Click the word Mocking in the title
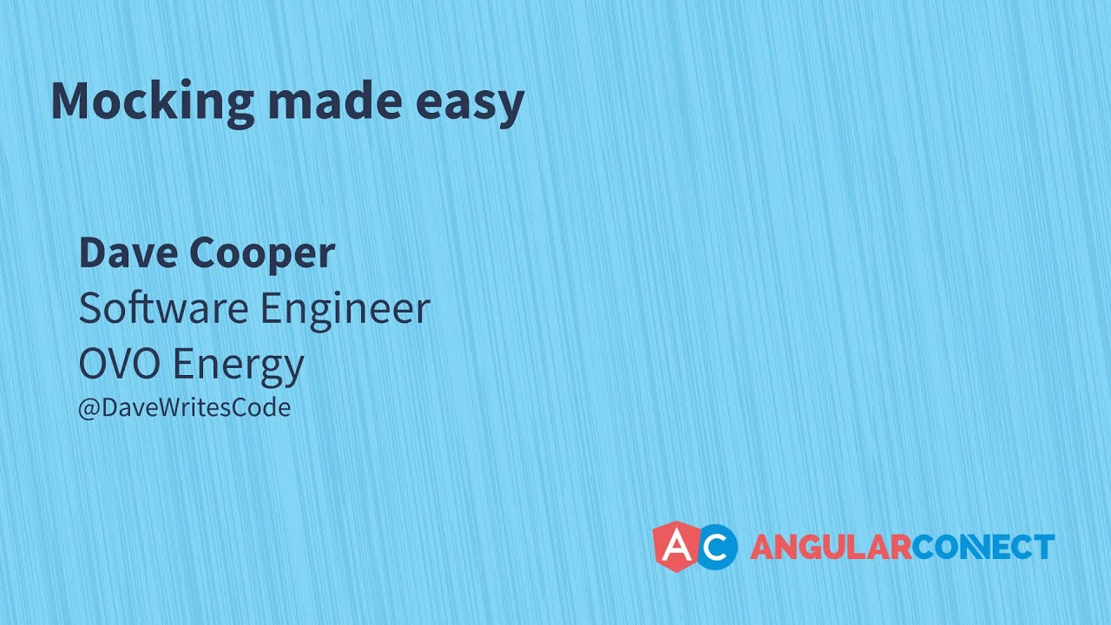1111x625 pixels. tap(153, 103)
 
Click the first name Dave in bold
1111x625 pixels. tap(129, 253)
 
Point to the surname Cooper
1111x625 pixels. tap(262, 254)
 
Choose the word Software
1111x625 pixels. tap(164, 307)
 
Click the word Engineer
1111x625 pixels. tap(345, 311)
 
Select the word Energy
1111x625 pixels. tap(238, 366)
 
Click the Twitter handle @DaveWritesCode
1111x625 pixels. tap(185, 408)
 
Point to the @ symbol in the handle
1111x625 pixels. tap(89, 409)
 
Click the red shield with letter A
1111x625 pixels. tap(677, 547)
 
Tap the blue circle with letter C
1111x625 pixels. tap(716, 547)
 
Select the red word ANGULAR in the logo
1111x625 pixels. tap(832, 547)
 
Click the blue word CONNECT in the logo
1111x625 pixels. tap(983, 547)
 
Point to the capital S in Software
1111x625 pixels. tap(89, 307)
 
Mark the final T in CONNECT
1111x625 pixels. tap(1044, 547)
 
